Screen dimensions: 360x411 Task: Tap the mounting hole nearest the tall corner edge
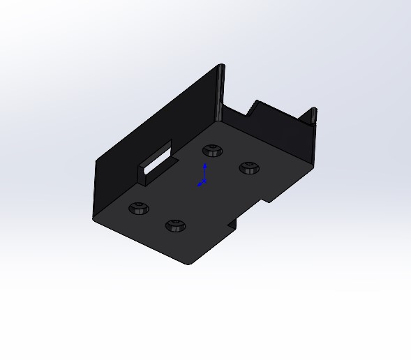click(211, 150)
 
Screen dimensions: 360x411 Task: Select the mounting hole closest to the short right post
click(248, 167)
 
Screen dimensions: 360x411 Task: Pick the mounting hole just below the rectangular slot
click(139, 208)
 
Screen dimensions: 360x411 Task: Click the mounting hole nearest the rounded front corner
click(174, 225)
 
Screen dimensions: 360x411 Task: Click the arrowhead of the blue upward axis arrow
click(204, 166)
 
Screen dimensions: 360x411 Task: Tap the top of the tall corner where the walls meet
click(222, 67)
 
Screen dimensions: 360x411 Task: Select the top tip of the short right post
click(313, 110)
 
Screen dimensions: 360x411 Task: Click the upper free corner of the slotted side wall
click(96, 162)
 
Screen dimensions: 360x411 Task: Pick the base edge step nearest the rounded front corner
click(232, 225)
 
